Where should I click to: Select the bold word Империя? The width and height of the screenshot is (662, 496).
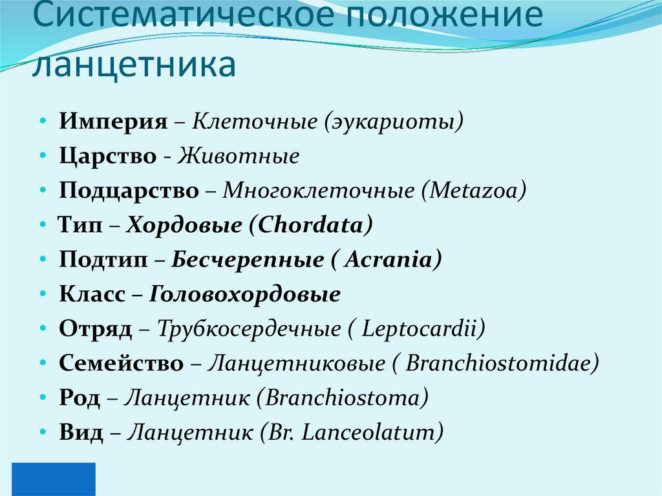(x=113, y=122)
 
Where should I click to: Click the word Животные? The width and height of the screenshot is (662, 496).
(x=239, y=156)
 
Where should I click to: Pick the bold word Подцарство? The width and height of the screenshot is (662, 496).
(x=129, y=191)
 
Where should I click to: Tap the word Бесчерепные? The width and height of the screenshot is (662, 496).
(x=248, y=260)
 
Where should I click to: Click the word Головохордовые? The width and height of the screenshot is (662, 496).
(x=245, y=295)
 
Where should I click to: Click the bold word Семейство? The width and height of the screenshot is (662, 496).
(x=122, y=364)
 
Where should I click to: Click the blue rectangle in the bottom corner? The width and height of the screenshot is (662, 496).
(x=48, y=479)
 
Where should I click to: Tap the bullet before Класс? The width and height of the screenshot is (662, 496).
(x=42, y=295)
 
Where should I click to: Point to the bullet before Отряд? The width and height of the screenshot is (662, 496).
(x=42, y=329)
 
